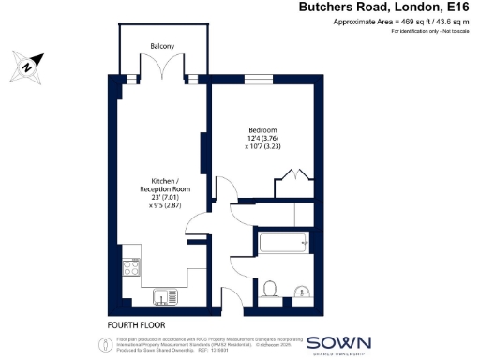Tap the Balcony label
pos(161,46)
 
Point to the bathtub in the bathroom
pos(281,244)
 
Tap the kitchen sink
pos(164,299)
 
